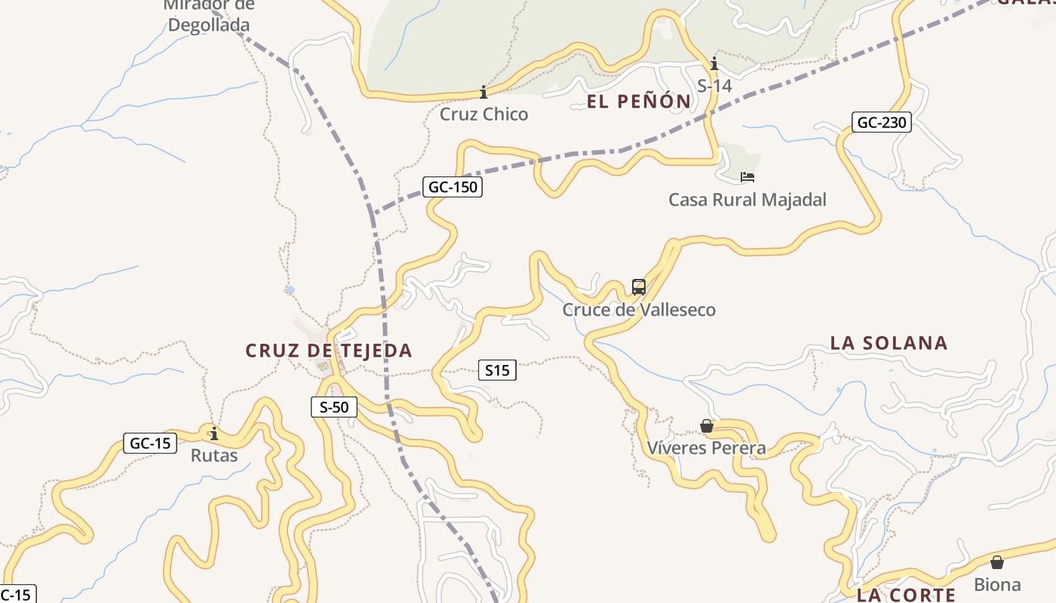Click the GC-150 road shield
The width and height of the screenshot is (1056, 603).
(453, 187)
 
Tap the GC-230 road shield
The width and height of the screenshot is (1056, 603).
(882, 122)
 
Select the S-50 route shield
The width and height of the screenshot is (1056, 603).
(334, 407)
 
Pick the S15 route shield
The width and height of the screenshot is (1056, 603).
(497, 370)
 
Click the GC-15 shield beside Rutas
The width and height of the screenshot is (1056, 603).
(150, 443)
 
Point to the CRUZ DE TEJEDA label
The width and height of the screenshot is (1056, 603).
(329, 350)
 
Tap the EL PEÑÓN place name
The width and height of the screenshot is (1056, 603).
(639, 101)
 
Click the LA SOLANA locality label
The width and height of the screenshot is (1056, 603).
(889, 343)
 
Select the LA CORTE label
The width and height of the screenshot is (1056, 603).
(906, 595)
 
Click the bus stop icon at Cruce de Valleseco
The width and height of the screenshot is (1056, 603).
(639, 287)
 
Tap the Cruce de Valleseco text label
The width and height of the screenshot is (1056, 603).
(639, 310)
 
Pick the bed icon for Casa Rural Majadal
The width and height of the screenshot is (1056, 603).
(747, 177)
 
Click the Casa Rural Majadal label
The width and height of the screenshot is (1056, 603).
(747, 200)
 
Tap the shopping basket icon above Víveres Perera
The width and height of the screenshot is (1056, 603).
(707, 427)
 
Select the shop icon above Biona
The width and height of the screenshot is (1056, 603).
(997, 562)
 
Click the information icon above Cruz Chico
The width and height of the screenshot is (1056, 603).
(483, 92)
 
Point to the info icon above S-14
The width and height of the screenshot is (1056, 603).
(714, 63)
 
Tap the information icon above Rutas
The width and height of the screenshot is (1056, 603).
(214, 433)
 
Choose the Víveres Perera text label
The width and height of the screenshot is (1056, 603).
(707, 448)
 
